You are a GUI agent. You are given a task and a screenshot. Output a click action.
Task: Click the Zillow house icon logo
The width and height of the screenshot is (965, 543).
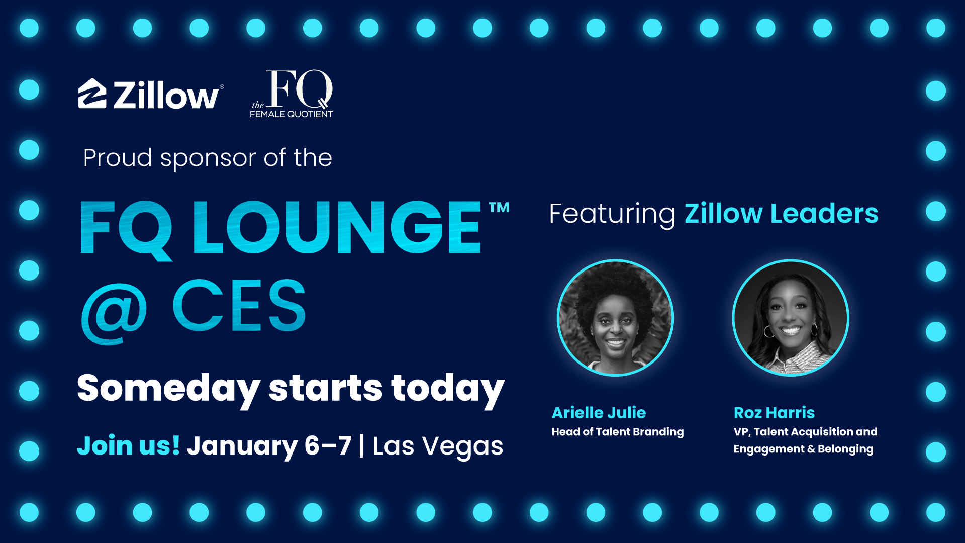click(x=92, y=94)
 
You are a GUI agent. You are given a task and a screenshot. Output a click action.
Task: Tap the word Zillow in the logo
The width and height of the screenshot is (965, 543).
click(x=166, y=96)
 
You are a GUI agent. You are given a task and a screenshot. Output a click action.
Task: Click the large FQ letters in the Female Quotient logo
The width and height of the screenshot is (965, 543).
click(x=300, y=89)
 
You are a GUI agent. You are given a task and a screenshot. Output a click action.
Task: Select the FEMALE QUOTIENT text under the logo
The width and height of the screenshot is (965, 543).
click(x=291, y=114)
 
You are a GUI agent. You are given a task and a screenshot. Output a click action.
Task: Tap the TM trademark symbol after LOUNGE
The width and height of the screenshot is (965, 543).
click(x=499, y=207)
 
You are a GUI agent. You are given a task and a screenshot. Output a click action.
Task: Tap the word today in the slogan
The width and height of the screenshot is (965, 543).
click(x=448, y=389)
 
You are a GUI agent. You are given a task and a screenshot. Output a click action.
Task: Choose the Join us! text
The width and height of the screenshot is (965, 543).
click(x=128, y=445)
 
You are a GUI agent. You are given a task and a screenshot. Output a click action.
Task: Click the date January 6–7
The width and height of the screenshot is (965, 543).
click(x=269, y=446)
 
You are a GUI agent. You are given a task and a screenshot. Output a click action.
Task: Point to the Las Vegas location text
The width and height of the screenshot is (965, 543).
click(x=438, y=446)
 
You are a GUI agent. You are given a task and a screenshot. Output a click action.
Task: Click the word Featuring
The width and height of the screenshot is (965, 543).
click(x=612, y=214)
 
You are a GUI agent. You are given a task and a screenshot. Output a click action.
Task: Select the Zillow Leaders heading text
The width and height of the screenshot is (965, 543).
click(x=782, y=213)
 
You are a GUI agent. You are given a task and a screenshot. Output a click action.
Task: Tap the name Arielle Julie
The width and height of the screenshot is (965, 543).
click(x=599, y=413)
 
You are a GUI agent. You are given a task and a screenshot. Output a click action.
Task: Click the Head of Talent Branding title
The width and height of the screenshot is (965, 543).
click(x=618, y=432)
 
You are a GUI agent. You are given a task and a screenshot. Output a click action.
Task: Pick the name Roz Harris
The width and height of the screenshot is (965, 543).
click(x=774, y=413)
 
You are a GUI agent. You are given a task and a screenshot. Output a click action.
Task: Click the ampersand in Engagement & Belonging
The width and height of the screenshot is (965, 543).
click(x=811, y=449)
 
